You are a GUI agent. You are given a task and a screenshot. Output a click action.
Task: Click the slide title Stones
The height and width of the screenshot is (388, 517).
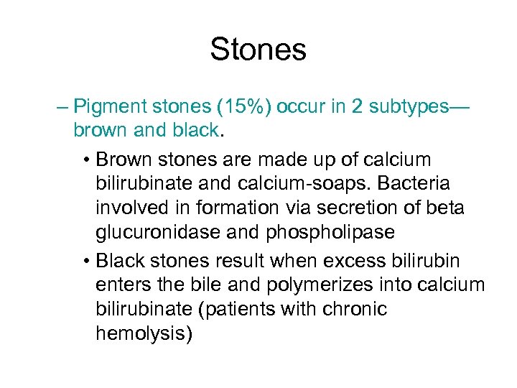click(x=258, y=50)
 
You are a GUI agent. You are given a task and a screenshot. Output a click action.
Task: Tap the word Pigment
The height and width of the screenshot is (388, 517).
click(x=109, y=108)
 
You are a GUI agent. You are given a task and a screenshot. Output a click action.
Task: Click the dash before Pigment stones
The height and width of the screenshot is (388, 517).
click(x=62, y=108)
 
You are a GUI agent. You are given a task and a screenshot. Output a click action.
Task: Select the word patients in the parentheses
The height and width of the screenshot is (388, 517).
click(x=255, y=310)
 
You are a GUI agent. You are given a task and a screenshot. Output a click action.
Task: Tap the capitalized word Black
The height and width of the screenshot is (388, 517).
click(x=120, y=259)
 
